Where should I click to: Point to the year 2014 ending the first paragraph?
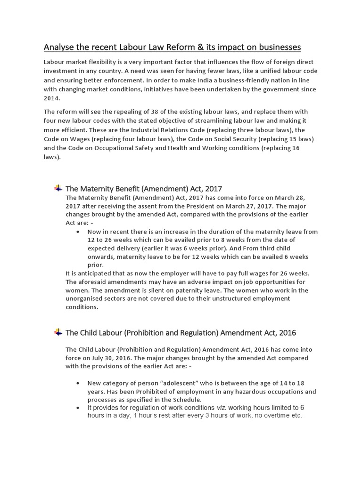[x=52, y=98]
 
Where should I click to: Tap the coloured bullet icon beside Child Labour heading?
[x=58, y=332]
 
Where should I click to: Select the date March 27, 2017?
[x=255, y=206]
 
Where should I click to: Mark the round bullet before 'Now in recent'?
[x=77, y=232]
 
